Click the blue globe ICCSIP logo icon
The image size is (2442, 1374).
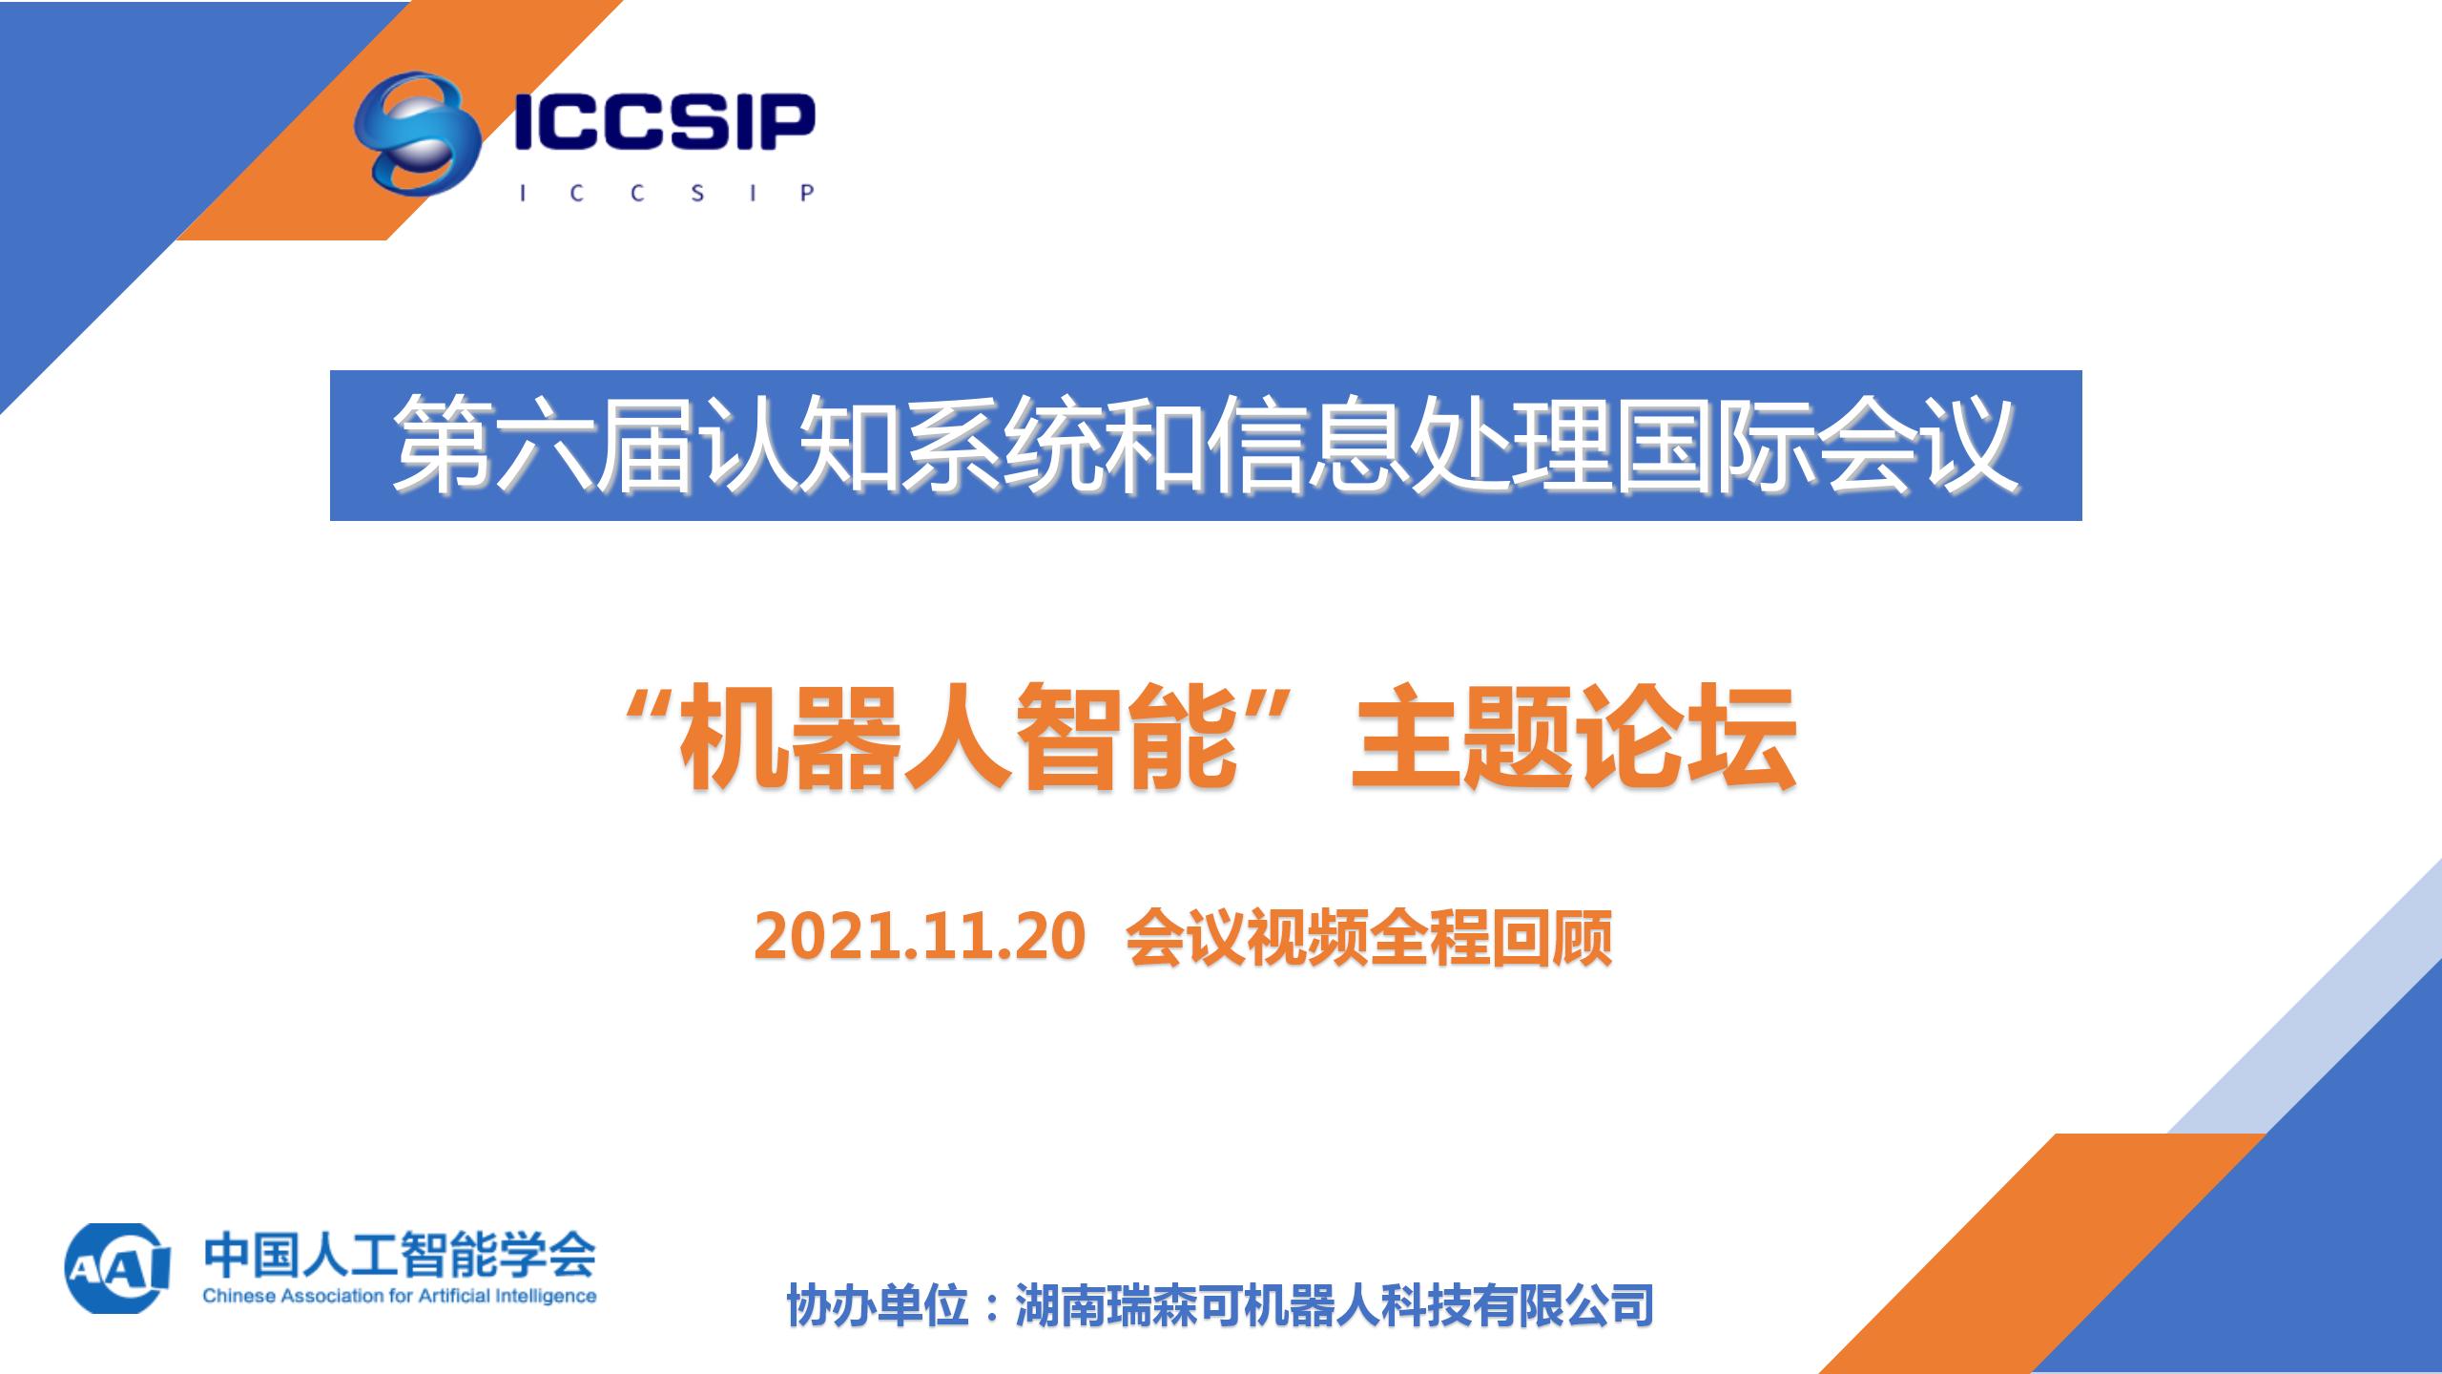[x=416, y=133]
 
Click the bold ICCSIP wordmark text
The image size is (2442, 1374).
[x=665, y=121]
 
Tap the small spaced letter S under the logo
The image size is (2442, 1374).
[x=697, y=193]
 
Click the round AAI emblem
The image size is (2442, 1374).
[x=116, y=1268]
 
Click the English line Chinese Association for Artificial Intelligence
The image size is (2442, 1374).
[x=400, y=1296]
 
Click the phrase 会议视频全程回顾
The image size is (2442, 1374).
[x=1370, y=937]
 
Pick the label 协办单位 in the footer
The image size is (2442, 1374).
[x=878, y=1305]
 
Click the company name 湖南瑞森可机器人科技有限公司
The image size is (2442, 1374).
[x=1335, y=1305]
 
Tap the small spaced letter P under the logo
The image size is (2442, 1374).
[x=807, y=193]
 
